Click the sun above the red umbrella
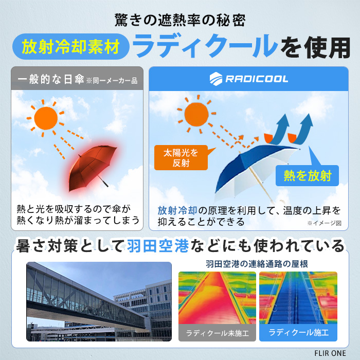point(46,118)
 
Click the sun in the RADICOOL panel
point(196,114)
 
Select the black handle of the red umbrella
point(105,184)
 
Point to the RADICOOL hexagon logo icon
point(216,79)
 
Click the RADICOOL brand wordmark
point(257,79)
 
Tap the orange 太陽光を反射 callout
point(181,158)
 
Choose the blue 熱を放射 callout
point(307,176)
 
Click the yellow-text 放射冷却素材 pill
point(71,47)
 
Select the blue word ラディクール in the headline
point(205,46)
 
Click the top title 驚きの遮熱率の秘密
point(180,20)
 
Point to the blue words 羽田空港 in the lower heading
point(158,246)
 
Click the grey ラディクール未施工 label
point(217,333)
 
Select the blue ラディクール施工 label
point(298,332)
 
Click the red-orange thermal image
point(217,298)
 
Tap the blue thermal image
point(298,298)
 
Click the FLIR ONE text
point(330,353)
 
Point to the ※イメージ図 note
point(324,223)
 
